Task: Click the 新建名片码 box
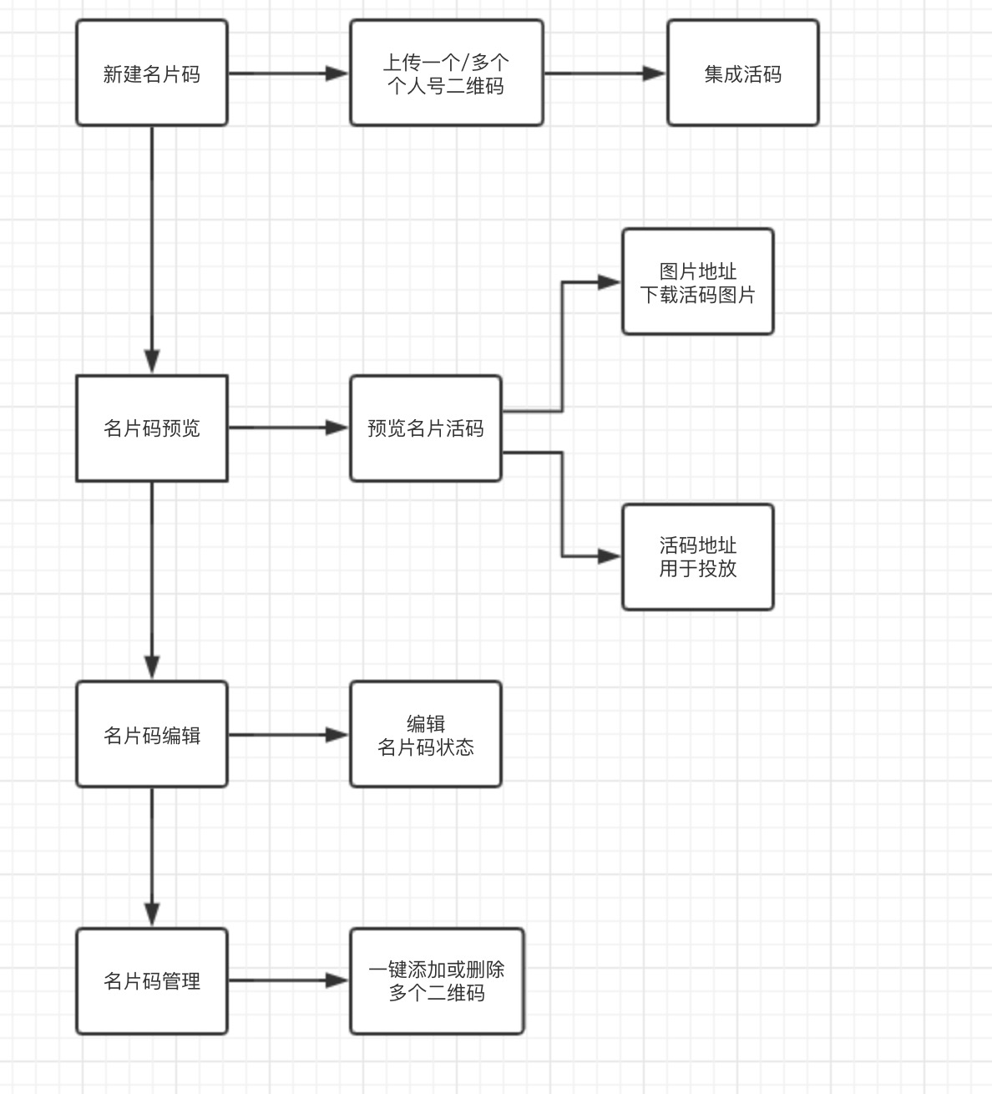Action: pos(152,73)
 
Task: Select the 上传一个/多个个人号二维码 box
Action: pos(446,73)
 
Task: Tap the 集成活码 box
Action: pos(742,73)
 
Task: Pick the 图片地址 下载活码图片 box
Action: pos(697,282)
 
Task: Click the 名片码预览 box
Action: pos(152,428)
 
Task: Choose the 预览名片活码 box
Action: pos(425,428)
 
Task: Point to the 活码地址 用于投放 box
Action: pos(697,557)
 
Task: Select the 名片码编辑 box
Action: pos(152,735)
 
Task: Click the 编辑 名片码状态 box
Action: pos(425,735)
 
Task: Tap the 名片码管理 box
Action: pos(152,981)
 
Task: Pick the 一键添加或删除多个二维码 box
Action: pos(437,981)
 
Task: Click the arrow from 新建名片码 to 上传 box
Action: pos(288,73)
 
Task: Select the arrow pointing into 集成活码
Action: pos(605,73)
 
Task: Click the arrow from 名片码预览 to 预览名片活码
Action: pos(288,428)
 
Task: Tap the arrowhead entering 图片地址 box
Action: pos(610,282)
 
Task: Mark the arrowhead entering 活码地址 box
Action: pos(610,555)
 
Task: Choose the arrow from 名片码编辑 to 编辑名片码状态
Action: pos(288,735)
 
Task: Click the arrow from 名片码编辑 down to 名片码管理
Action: pos(152,856)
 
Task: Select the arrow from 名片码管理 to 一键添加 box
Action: pos(288,980)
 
